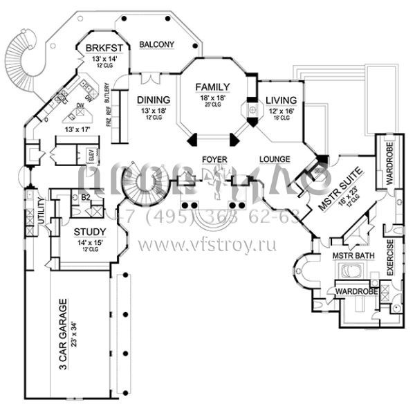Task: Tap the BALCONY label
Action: pos(156,45)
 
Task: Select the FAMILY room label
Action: pos(212,86)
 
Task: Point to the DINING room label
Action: pos(149,99)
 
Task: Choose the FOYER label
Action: pos(214,160)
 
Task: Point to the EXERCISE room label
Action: pos(390,259)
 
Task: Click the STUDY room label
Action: pos(89,232)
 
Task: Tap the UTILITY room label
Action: pos(41,209)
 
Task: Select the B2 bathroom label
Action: pos(86,199)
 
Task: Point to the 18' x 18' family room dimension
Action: pos(212,98)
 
